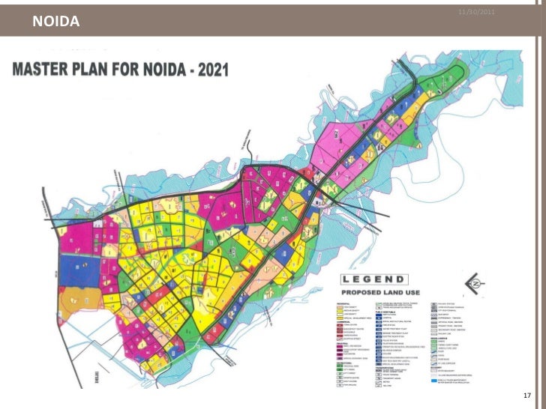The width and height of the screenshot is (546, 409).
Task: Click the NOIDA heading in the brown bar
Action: click(x=55, y=22)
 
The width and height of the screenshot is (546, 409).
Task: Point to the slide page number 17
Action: click(x=525, y=395)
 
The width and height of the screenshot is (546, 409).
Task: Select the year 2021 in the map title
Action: click(x=212, y=70)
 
